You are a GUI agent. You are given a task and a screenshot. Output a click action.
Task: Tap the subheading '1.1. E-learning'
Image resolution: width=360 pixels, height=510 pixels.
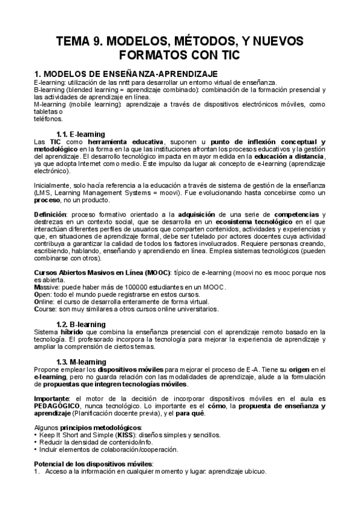[x=81, y=134]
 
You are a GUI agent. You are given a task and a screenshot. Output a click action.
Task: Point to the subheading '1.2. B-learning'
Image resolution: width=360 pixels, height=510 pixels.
[x=81, y=324]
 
